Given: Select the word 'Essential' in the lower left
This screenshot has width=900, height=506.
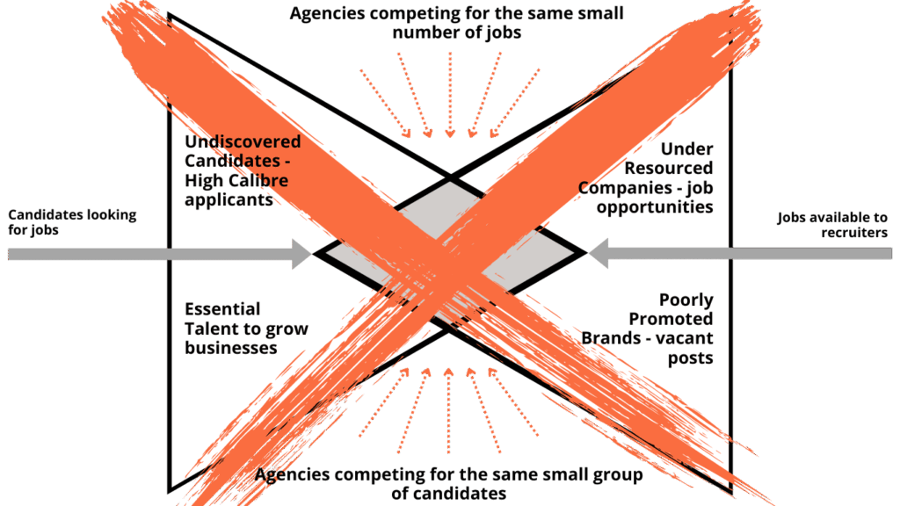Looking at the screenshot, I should (222, 309).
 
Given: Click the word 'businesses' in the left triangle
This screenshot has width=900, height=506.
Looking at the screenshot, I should (230, 348).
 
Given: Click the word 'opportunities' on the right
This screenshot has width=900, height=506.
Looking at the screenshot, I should (655, 207).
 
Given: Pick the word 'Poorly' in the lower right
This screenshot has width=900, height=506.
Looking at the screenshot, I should (686, 300).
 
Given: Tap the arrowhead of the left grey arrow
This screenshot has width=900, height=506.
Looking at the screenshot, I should (301, 255).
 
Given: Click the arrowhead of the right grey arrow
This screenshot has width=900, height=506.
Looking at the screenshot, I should (599, 254).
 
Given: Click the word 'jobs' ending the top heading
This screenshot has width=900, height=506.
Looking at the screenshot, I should (501, 33).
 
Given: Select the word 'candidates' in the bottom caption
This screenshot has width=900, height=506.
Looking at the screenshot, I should (462, 494).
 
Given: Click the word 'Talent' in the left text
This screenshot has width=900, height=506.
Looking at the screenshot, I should (209, 329).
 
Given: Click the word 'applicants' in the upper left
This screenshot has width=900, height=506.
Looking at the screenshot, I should (229, 200).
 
